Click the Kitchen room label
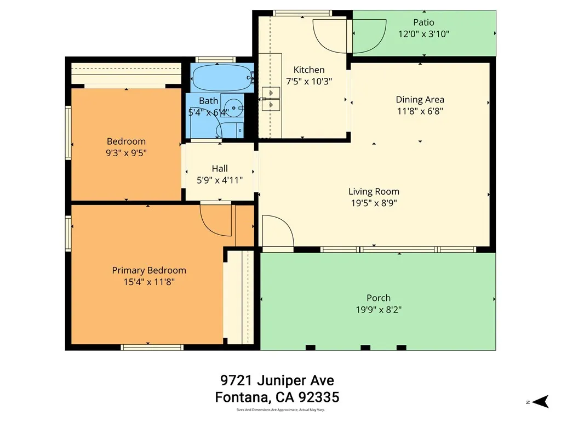(x=309, y=70)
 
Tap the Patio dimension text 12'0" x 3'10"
(x=423, y=33)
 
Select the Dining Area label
(x=420, y=100)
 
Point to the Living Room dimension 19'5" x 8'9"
(x=374, y=203)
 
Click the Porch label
(x=378, y=298)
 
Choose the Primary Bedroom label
(x=149, y=270)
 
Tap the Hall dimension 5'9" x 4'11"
(x=219, y=179)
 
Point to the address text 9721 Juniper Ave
(x=277, y=380)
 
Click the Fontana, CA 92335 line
(x=277, y=396)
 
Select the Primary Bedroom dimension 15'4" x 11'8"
(x=149, y=282)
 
